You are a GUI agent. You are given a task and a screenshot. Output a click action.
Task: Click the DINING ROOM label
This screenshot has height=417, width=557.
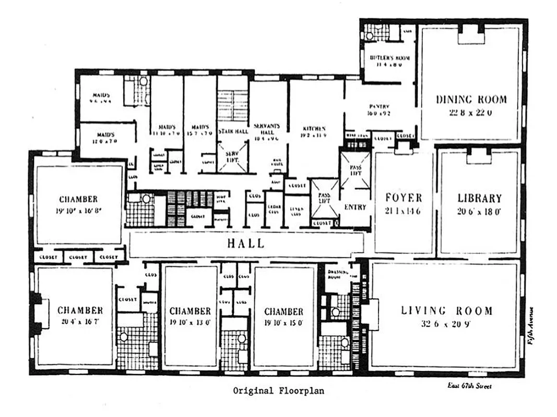[471, 99]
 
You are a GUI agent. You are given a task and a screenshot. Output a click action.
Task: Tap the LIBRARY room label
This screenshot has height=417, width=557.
[479, 198]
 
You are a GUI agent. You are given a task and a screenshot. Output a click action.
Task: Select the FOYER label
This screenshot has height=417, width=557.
[402, 198]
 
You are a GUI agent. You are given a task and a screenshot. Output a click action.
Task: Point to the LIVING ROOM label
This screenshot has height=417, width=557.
[446, 311]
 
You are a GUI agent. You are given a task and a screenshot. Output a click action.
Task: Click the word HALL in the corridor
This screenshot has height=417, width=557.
[246, 243]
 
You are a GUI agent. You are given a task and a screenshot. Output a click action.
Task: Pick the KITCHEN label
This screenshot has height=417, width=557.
[314, 128]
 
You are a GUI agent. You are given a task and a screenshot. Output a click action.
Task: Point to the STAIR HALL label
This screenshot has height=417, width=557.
[233, 131]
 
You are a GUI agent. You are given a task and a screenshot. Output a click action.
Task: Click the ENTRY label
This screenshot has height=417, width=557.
[355, 207]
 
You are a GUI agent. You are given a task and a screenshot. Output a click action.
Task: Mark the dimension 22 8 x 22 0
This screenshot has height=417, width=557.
[471, 112]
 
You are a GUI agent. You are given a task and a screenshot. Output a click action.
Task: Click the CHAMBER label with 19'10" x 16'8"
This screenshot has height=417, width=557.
[78, 199]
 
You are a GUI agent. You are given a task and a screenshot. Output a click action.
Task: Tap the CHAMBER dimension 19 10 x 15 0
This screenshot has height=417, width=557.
[283, 323]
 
